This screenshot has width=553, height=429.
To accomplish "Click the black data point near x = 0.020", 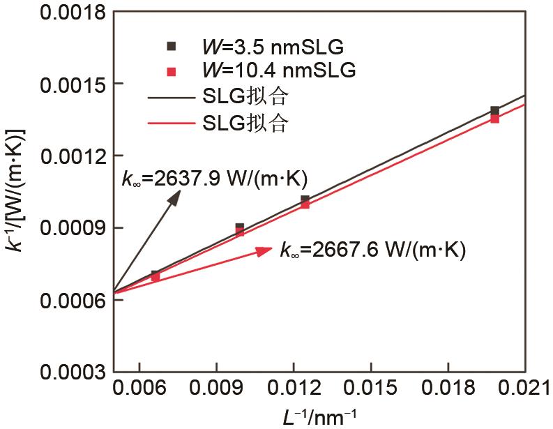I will click(x=494, y=111).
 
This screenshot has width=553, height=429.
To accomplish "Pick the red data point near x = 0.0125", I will click(x=305, y=204).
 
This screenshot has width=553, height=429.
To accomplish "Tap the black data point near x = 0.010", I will click(x=239, y=227).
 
